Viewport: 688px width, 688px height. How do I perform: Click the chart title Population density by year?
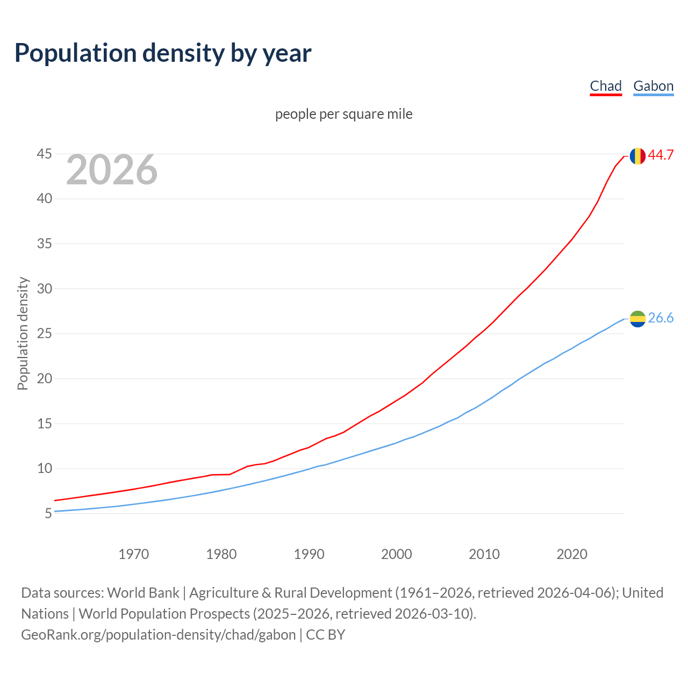(x=163, y=53)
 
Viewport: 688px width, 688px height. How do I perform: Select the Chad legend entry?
(x=606, y=86)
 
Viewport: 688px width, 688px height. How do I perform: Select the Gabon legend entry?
(x=653, y=86)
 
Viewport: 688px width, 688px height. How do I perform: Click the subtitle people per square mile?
(x=344, y=114)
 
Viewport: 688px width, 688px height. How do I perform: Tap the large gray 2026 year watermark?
(x=112, y=170)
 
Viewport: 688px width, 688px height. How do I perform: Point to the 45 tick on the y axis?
(x=44, y=154)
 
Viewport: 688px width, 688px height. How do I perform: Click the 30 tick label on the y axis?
(x=44, y=289)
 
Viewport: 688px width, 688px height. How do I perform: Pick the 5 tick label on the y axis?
(x=48, y=513)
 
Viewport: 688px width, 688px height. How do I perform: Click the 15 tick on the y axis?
(x=44, y=424)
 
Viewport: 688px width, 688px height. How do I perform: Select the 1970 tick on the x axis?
(x=133, y=554)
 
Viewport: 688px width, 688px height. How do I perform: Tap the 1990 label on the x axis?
(x=309, y=554)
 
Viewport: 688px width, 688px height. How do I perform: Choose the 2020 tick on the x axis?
(x=572, y=554)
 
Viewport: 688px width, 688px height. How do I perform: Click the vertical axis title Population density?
(x=23, y=333)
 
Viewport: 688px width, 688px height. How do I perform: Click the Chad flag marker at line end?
(x=637, y=156)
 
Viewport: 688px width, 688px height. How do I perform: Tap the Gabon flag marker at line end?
(x=637, y=319)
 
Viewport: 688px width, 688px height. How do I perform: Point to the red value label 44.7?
(x=661, y=155)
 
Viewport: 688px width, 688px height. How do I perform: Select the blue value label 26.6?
(x=661, y=318)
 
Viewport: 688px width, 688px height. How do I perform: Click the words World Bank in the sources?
(x=143, y=593)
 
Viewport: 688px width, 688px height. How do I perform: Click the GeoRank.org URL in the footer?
(x=158, y=635)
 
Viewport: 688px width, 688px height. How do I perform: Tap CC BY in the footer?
(x=326, y=635)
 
